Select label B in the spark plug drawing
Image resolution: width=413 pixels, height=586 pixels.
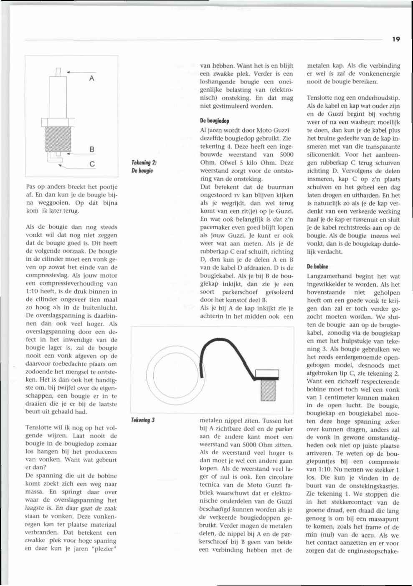(x=92, y=149)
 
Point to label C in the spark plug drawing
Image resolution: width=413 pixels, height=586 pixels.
(x=92, y=164)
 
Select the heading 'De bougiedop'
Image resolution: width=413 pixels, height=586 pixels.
(x=215, y=121)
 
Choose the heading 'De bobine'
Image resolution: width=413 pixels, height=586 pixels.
(x=317, y=266)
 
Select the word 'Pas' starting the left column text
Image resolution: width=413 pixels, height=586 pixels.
(x=30, y=187)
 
